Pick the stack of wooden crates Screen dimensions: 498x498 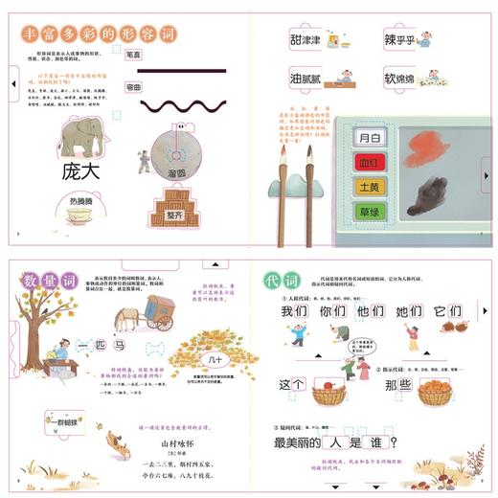click(175, 201)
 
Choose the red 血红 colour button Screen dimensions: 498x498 click(369, 162)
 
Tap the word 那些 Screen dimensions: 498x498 click(396, 386)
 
